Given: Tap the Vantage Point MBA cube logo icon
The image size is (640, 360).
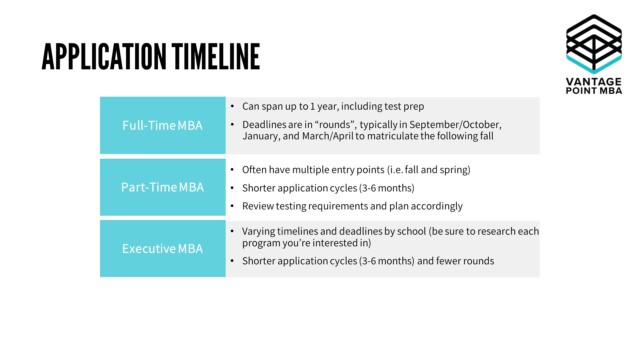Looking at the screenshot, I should coord(594,44).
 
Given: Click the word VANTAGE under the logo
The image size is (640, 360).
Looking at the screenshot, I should coord(594,82).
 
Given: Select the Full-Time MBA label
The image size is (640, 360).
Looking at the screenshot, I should coord(162,126).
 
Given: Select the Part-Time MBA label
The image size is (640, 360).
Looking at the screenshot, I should coord(162,187).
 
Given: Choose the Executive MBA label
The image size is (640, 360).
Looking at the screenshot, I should coord(162,249).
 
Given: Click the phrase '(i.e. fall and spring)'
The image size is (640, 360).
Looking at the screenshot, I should coord(428,170).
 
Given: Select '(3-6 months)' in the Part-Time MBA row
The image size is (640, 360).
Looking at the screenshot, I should coord(387,188).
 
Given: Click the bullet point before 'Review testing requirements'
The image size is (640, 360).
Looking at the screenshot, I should coord(232,206).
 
